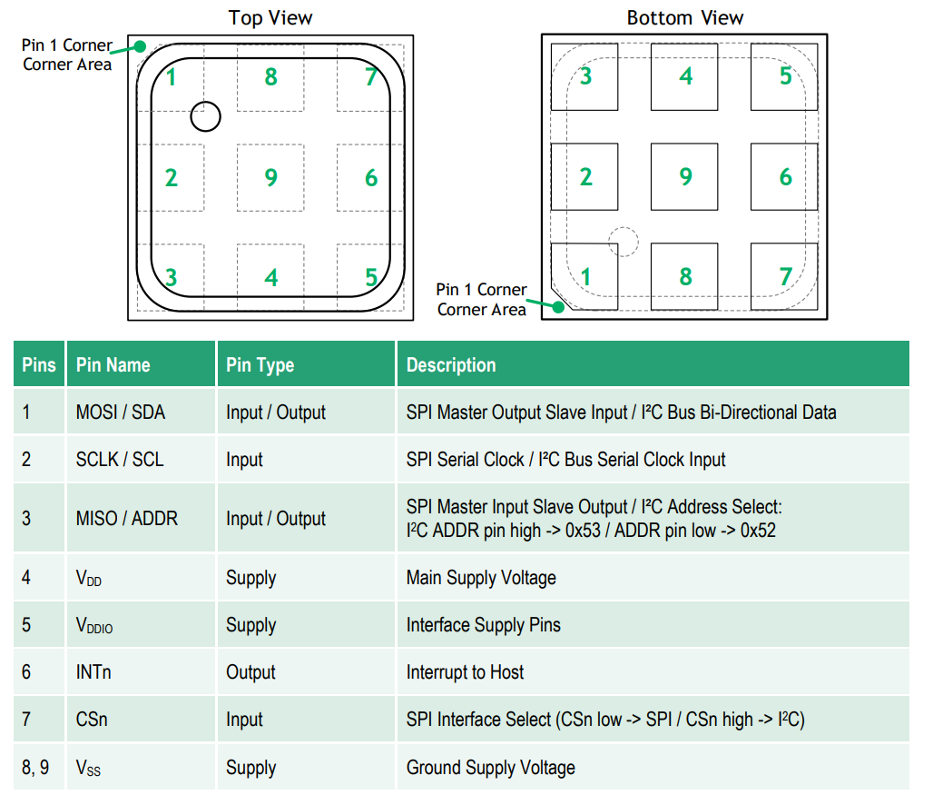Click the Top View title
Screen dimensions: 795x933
(270, 17)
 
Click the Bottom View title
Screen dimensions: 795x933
(684, 17)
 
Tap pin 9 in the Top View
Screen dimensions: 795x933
(270, 177)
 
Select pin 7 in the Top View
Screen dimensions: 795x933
(370, 77)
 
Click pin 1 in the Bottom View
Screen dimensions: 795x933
(585, 276)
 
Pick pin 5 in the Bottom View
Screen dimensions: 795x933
(785, 76)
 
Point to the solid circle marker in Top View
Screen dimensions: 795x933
(205, 115)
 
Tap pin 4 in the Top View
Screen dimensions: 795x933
(270, 277)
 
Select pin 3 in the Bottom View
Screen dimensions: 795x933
(585, 76)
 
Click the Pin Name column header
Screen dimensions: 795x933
(113, 365)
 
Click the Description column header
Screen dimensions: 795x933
(451, 365)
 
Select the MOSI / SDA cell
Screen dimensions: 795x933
(121, 412)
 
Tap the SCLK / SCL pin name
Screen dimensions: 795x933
(120, 460)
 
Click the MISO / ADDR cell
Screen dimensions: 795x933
(127, 519)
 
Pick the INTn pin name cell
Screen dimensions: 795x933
(93, 672)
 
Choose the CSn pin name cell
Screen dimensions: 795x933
(92, 720)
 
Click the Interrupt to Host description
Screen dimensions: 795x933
(465, 672)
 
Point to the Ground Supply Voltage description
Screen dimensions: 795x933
(490, 768)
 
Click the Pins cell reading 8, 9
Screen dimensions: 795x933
(35, 768)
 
